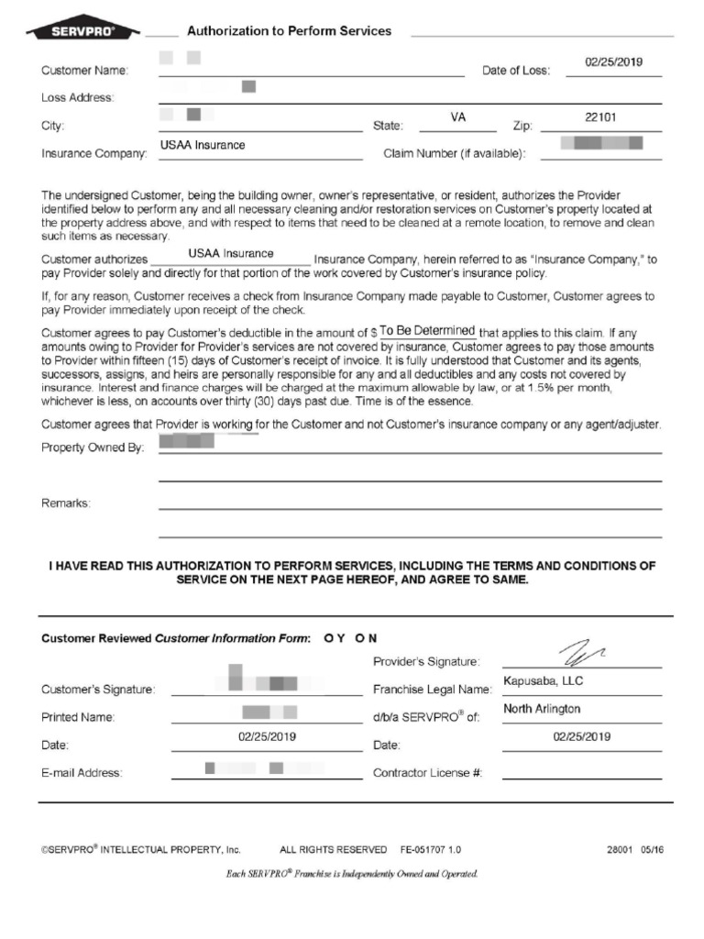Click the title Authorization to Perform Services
point(289,31)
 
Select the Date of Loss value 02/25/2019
point(613,62)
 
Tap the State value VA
point(458,118)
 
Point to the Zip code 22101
point(600,118)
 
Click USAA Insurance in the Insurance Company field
point(203,145)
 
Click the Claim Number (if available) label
point(454,153)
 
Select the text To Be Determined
point(427,331)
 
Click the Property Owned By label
point(93,447)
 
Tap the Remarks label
point(66,503)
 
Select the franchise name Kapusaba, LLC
point(543,681)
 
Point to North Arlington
point(542,709)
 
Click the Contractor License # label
point(427,773)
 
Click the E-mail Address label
point(82,773)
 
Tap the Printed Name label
point(78,717)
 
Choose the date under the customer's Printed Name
point(267,736)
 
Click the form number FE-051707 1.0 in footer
point(431,850)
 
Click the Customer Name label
point(85,71)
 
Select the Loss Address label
point(78,97)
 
